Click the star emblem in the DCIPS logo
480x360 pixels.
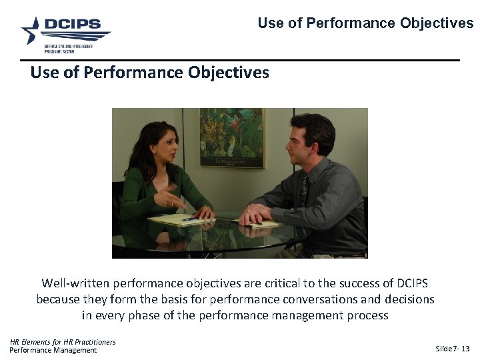click(31, 30)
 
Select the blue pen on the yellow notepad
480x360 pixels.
click(189, 218)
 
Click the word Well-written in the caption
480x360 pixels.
click(76, 283)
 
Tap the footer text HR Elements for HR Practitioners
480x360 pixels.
click(63, 342)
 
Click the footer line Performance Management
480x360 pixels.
click(53, 351)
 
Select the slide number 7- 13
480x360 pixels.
click(459, 349)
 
